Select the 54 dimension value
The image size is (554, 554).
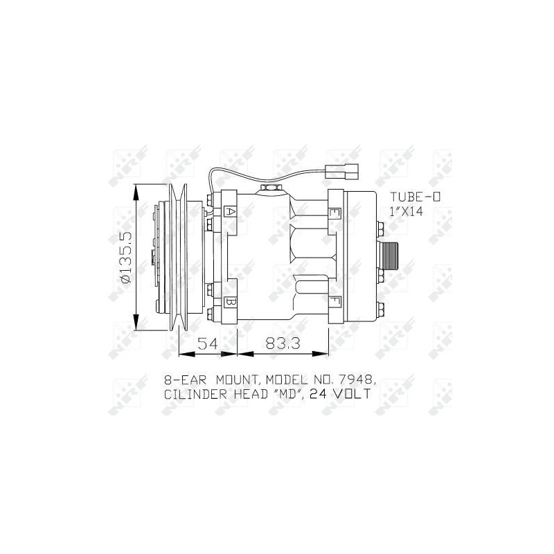pyautogui.click(x=208, y=343)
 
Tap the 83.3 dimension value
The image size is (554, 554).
pyautogui.click(x=283, y=343)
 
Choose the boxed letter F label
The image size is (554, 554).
pyautogui.click(x=334, y=301)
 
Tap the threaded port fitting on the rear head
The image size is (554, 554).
pyautogui.click(x=388, y=257)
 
